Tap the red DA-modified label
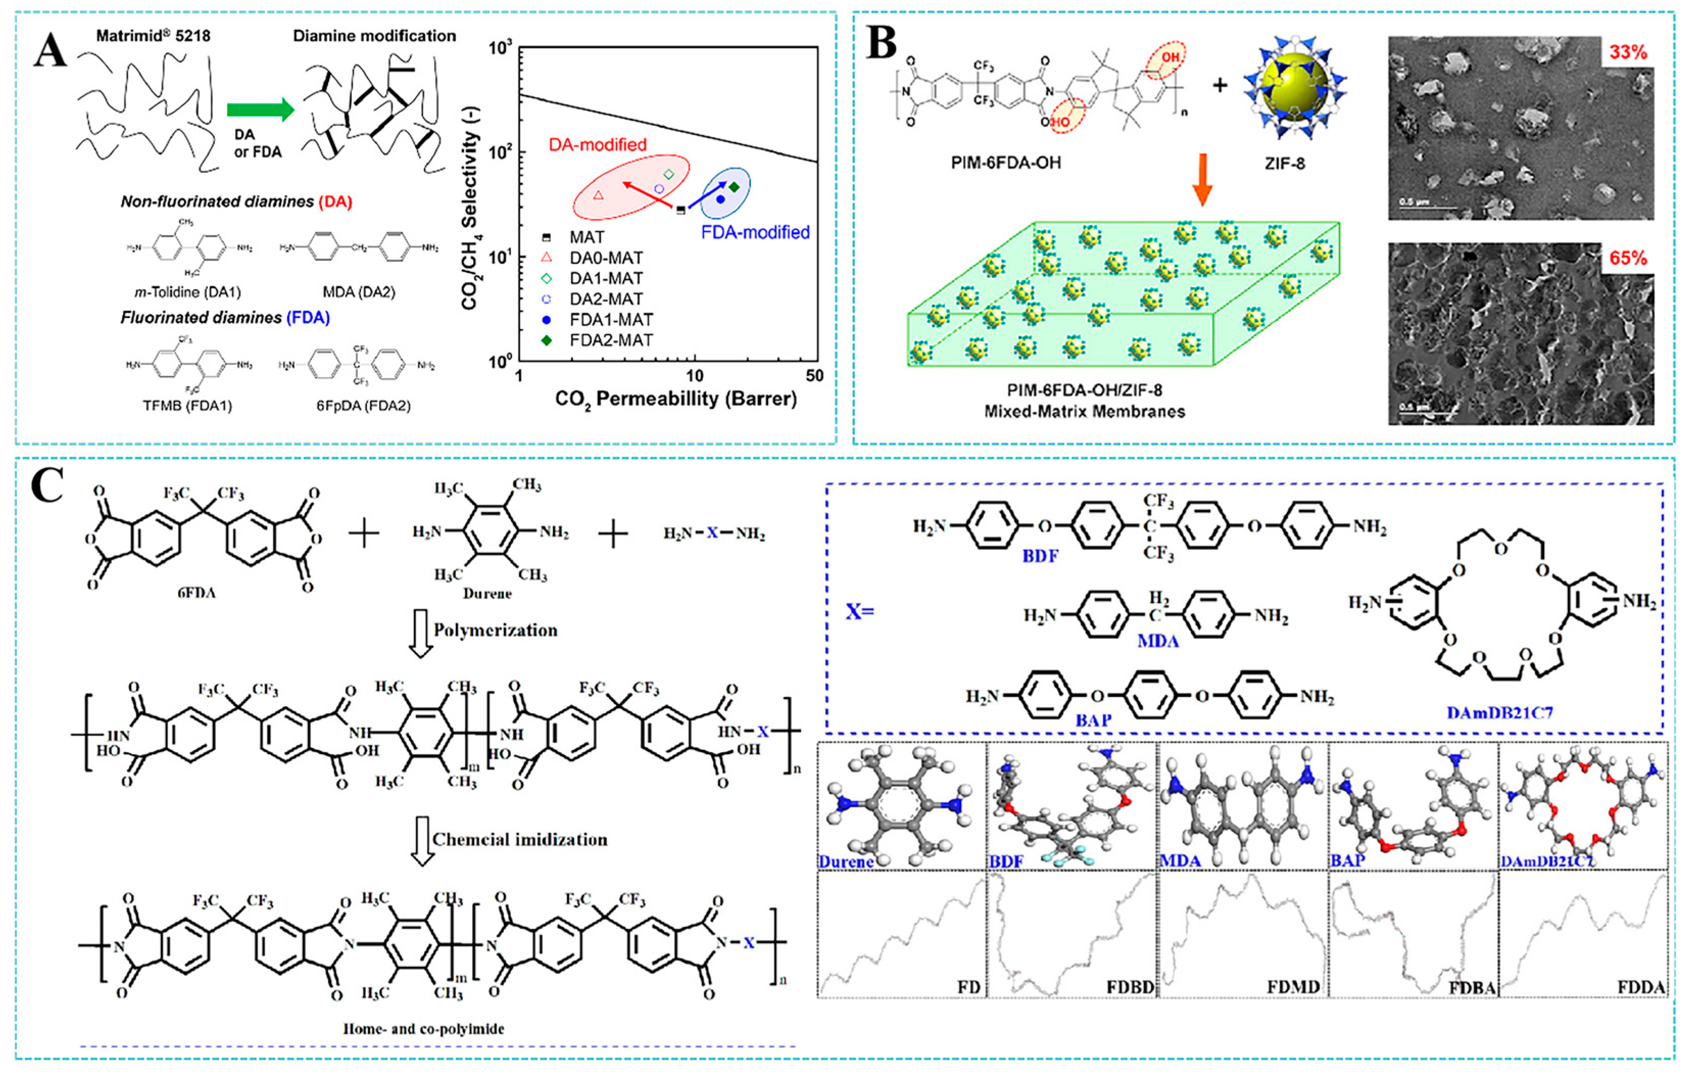click(x=598, y=144)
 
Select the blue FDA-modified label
click(x=755, y=232)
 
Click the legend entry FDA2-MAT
click(x=611, y=340)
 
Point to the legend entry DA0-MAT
click(x=605, y=258)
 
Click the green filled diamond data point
click(x=734, y=187)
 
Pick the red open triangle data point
click(x=598, y=195)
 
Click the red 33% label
click(x=1628, y=52)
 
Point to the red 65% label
click(x=1628, y=258)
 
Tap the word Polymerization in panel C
click(x=495, y=631)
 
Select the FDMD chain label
click(x=1293, y=987)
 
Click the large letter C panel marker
click(x=47, y=486)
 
